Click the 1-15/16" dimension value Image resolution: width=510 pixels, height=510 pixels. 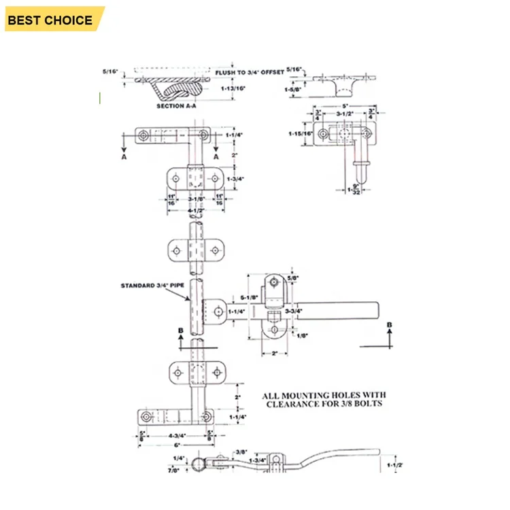click(299, 133)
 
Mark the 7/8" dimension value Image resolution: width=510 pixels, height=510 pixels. click(180, 469)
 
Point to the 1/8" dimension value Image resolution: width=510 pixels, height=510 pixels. click(301, 335)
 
